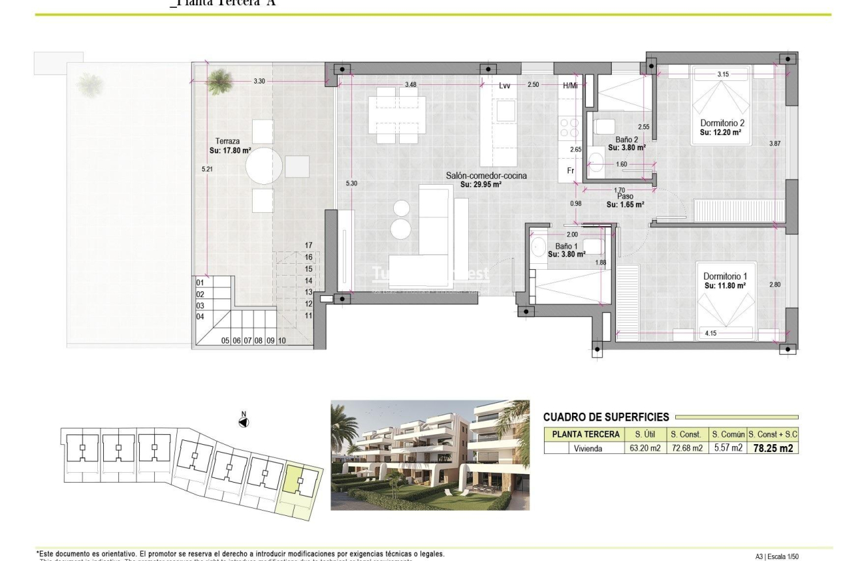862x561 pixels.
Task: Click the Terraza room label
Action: [227, 140]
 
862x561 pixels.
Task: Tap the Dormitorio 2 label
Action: [722, 123]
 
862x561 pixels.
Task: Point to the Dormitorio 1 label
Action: [722, 277]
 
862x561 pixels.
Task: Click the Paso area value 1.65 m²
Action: [625, 204]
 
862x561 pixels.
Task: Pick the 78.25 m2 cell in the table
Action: [773, 448]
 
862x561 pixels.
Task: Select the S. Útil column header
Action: [637, 434]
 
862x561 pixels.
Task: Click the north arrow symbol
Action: [244, 422]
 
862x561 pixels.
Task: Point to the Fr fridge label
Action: [570, 171]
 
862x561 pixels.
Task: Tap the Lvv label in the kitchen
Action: [505, 86]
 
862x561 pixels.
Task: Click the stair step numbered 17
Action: [309, 246]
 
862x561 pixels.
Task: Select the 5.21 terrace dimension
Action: [207, 169]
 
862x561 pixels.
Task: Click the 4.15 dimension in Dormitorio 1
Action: [711, 334]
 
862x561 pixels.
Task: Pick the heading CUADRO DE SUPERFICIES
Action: [606, 417]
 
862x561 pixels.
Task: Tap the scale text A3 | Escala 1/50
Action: [776, 556]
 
